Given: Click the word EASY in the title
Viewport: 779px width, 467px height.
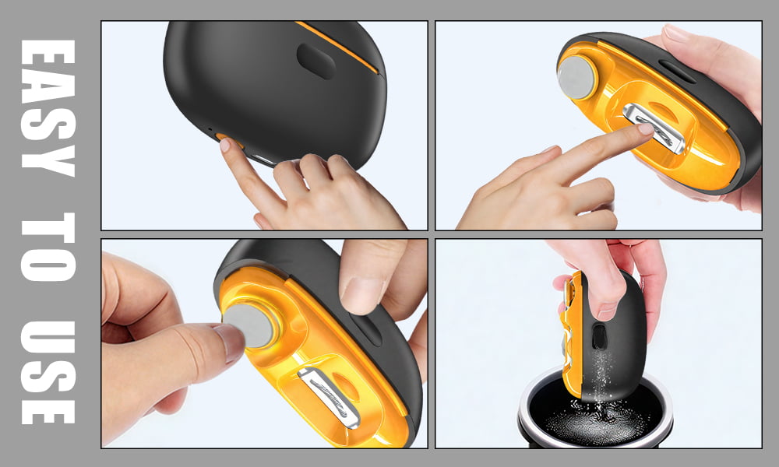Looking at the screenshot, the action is click(48, 108).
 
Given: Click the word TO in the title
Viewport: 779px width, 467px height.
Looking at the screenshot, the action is click(48, 247).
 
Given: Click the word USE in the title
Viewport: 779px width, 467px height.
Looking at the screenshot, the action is click(48, 372).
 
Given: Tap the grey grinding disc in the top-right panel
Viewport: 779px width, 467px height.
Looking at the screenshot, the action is click(576, 77).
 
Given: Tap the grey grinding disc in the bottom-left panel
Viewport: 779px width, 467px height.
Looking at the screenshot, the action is click(248, 325).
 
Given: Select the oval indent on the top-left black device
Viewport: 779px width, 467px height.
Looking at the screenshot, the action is click(316, 61).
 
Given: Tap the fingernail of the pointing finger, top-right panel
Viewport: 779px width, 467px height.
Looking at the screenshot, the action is click(646, 129).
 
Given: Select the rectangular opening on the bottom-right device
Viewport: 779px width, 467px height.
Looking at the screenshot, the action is click(599, 336).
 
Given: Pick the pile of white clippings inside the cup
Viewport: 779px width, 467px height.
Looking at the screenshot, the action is click(595, 422).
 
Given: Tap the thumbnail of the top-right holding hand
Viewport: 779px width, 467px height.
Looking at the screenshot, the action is click(678, 33).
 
